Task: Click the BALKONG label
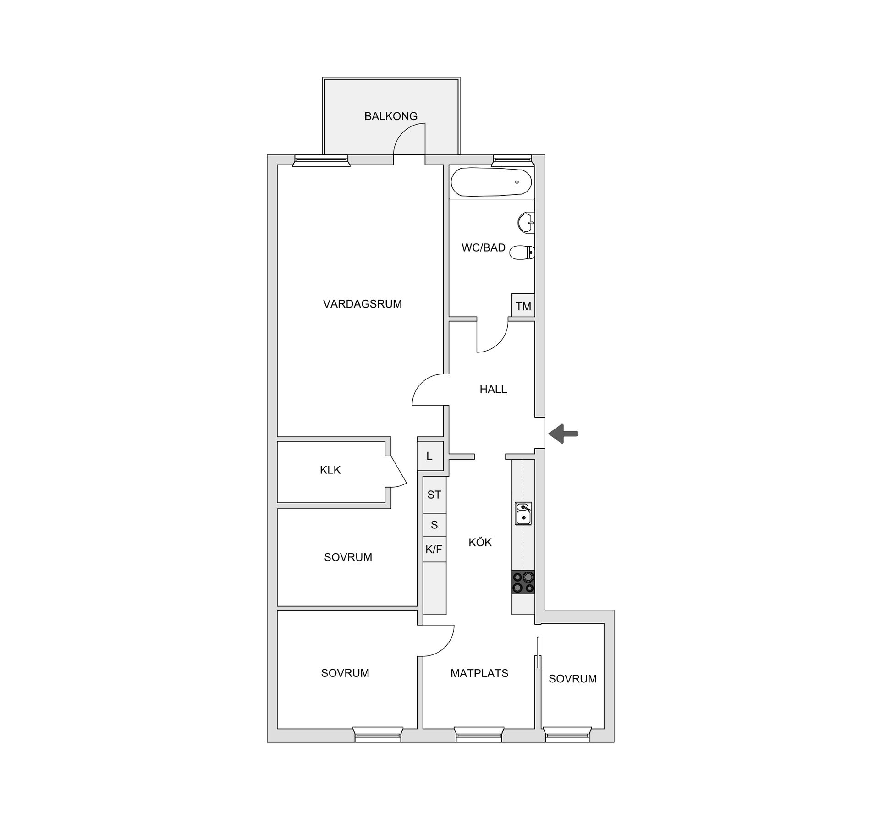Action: pos(390,116)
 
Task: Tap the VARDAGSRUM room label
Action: pos(362,304)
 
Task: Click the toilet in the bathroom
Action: pos(522,252)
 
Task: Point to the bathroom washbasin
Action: pos(526,223)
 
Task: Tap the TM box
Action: pos(523,306)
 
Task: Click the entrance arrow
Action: pos(563,434)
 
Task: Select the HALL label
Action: pos(493,390)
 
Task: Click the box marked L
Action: pos(430,456)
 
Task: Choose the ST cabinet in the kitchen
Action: pos(434,495)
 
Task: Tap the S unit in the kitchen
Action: pos(434,525)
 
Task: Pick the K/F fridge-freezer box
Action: pos(434,549)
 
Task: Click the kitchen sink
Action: pos(523,513)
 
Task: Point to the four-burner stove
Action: pos(523,582)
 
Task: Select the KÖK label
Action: pos(480,543)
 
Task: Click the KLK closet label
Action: pos(330,470)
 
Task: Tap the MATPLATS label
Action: pos(479,673)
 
